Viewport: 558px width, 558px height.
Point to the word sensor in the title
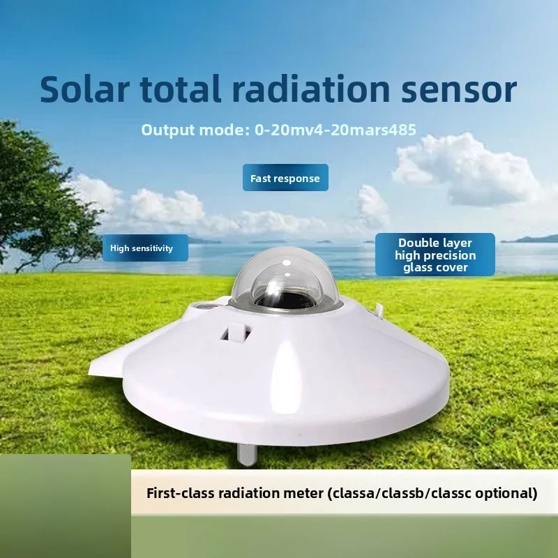464,89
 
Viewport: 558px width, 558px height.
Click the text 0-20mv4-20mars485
338,130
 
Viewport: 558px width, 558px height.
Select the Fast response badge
285,179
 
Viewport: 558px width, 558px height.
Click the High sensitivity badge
145,248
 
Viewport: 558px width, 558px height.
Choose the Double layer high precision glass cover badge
435,255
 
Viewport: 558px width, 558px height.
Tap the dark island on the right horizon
534,239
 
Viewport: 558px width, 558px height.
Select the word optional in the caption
511,493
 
